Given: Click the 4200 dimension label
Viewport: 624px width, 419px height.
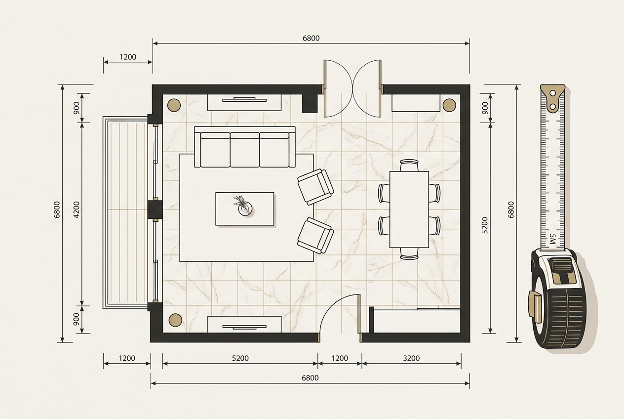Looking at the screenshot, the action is point(77,209).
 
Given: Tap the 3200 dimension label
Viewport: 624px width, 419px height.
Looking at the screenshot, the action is point(411,358).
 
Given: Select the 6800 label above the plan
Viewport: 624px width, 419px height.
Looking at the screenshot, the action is point(311,38).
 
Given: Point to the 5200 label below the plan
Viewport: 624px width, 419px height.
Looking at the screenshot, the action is point(240,358).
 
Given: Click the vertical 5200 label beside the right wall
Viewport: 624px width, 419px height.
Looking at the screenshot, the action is point(485,225).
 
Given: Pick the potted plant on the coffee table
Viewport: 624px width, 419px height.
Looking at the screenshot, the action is point(243,206).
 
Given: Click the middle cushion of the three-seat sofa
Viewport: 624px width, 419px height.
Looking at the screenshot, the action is point(245,150).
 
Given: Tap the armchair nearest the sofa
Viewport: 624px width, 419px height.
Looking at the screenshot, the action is point(315,187).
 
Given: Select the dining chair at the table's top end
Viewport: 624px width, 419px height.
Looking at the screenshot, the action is point(409,165).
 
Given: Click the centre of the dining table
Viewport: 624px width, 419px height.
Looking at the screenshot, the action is point(409,209).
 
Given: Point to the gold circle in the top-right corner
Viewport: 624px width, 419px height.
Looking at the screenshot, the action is point(449,105).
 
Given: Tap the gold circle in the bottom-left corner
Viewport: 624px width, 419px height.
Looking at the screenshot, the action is point(176,320).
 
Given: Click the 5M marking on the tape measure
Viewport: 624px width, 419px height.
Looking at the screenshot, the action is point(553,240).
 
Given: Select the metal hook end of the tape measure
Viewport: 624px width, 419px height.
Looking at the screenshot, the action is point(553,98).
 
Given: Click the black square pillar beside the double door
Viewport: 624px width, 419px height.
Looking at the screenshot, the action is point(310,103).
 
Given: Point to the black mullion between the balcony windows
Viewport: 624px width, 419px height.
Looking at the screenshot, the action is point(155,209).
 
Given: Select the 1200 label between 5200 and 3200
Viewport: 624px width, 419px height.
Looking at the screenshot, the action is point(340,358).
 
